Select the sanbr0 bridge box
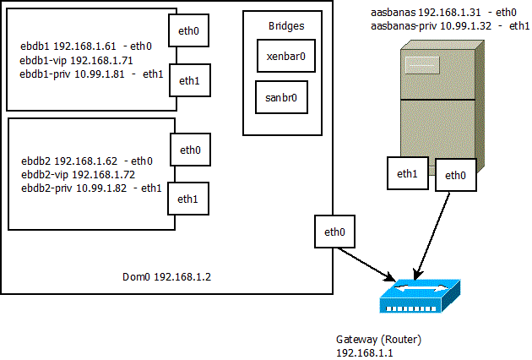pyautogui.click(x=281, y=98)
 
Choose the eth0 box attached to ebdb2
pyautogui.click(x=190, y=150)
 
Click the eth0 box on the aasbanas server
pyautogui.click(x=455, y=176)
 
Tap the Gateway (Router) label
pyautogui.click(x=378, y=339)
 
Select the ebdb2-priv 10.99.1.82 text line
pyautogui.click(x=91, y=188)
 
